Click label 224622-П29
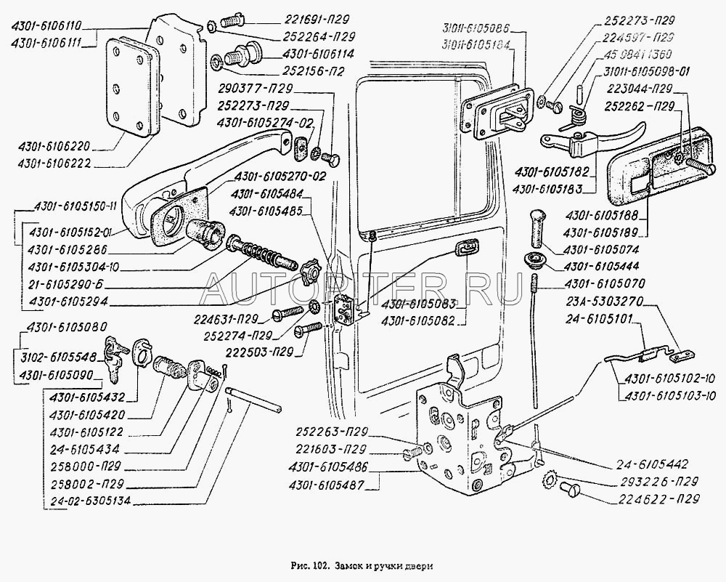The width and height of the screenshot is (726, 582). click(x=660, y=499)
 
